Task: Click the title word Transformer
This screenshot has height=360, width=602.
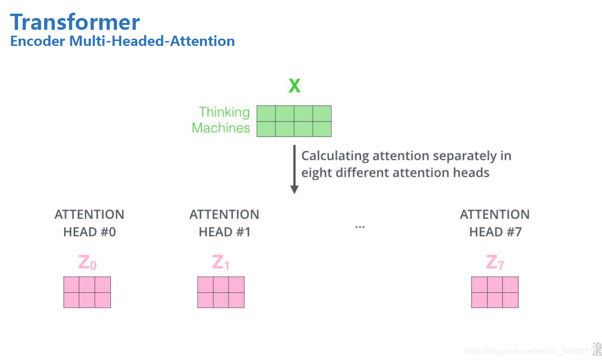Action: (x=75, y=22)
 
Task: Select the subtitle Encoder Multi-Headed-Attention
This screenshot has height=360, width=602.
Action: (x=122, y=41)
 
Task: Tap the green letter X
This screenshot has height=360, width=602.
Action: (x=294, y=86)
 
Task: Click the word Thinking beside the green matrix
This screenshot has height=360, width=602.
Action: (x=224, y=112)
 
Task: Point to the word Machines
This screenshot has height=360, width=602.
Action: (x=221, y=128)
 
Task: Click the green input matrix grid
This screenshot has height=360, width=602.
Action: (x=294, y=121)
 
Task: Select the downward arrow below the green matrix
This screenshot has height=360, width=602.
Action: (x=294, y=169)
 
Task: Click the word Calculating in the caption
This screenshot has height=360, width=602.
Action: (x=335, y=156)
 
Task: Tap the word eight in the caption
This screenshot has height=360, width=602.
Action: (x=315, y=173)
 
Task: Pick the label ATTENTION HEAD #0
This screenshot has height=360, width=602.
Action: (x=89, y=223)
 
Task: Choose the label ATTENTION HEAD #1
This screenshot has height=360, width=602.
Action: (x=224, y=223)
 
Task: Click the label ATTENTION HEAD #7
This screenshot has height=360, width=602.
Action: (x=494, y=223)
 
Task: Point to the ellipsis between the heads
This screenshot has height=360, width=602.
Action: (x=360, y=227)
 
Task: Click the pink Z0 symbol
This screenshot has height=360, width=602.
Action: (x=87, y=263)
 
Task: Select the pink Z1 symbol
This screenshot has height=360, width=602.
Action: (x=221, y=263)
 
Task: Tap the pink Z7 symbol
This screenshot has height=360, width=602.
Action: (x=494, y=263)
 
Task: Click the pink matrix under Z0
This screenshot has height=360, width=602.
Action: (x=87, y=292)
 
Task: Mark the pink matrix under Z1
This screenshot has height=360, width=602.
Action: (x=221, y=292)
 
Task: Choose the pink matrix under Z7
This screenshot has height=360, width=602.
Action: (x=494, y=292)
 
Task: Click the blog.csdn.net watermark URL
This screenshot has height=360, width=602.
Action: (x=528, y=351)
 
